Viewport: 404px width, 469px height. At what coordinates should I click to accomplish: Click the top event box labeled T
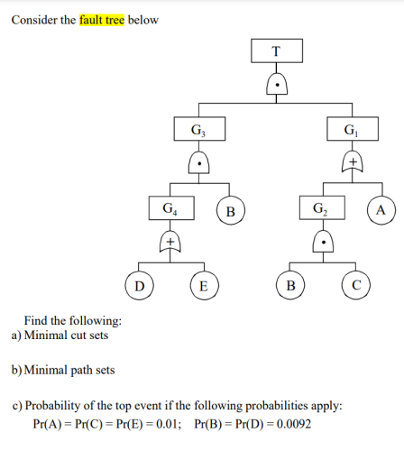[x=275, y=51]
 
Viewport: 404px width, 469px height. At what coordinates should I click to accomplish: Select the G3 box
[x=198, y=129]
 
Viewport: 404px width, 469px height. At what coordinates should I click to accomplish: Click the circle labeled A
[x=381, y=211]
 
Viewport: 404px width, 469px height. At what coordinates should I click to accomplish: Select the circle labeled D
[x=138, y=287]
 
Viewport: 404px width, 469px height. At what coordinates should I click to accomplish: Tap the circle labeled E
[x=203, y=287]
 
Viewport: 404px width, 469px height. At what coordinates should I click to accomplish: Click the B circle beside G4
[x=231, y=211]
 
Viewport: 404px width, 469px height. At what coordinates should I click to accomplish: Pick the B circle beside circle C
[x=289, y=287]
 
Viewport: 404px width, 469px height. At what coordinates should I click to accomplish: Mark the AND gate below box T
[x=275, y=86]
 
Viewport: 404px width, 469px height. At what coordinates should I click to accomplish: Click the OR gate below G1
[x=352, y=162]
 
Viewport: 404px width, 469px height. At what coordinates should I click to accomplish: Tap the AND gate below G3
[x=198, y=164]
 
